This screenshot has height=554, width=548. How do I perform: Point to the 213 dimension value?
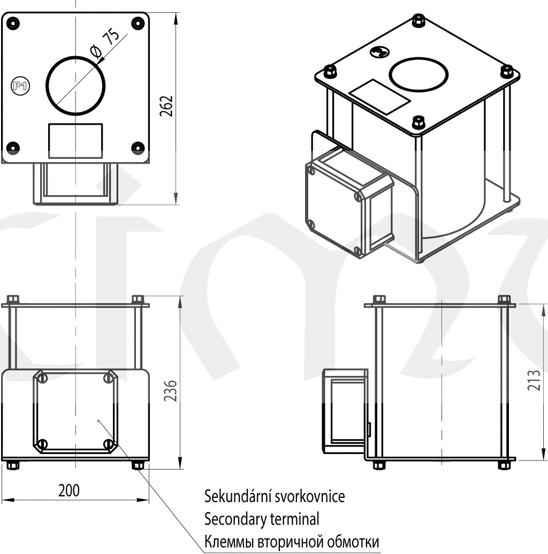[534, 380]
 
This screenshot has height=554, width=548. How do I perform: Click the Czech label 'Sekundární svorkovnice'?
[275, 496]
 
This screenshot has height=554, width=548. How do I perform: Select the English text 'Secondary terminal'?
[262, 518]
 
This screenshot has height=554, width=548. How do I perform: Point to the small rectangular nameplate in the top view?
[75, 141]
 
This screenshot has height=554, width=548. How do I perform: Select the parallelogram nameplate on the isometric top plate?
[380, 96]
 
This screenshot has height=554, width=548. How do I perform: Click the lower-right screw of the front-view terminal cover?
[108, 444]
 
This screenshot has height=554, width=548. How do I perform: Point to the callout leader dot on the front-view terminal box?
[100, 421]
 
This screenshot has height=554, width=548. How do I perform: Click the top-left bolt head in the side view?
[379, 299]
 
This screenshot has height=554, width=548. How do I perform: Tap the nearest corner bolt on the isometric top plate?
[418, 122]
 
